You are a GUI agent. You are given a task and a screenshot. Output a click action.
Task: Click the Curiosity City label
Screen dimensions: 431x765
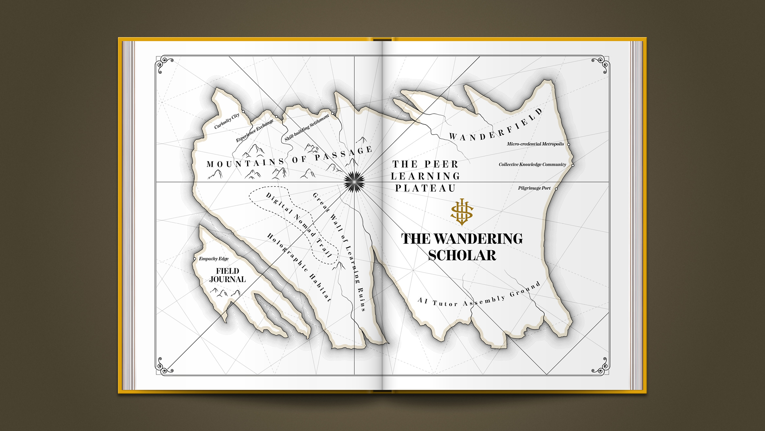(x=227, y=121)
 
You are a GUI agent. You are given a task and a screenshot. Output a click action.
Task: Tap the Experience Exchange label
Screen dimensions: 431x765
(x=254, y=131)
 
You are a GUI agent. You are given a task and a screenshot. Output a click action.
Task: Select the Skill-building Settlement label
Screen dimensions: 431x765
(x=307, y=128)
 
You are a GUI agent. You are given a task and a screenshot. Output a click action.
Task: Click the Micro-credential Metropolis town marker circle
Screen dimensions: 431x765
(x=569, y=144)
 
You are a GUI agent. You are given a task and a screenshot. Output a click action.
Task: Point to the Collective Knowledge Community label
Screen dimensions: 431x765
(x=532, y=164)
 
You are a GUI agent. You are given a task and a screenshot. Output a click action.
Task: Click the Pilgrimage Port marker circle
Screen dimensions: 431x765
(x=556, y=189)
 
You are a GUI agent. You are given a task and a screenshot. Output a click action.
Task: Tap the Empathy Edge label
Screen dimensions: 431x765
(x=214, y=259)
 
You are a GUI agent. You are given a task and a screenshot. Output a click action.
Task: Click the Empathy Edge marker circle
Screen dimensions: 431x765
(x=195, y=259)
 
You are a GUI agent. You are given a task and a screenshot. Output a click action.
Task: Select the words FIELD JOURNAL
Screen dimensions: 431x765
(x=228, y=275)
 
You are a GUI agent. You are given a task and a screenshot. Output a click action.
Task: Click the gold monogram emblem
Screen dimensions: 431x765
(x=462, y=212)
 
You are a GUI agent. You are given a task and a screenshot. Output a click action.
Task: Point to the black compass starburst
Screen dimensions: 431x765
(x=354, y=182)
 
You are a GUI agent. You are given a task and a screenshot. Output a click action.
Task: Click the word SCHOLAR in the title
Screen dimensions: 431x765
(x=462, y=255)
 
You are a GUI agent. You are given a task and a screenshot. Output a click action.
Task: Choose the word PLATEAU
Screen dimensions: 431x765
(x=425, y=188)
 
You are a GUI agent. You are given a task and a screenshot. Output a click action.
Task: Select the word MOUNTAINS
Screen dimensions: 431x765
(x=246, y=163)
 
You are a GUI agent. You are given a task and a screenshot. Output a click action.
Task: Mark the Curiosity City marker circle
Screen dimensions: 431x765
(x=243, y=112)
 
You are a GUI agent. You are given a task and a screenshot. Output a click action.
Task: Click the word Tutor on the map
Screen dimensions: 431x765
(x=445, y=304)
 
